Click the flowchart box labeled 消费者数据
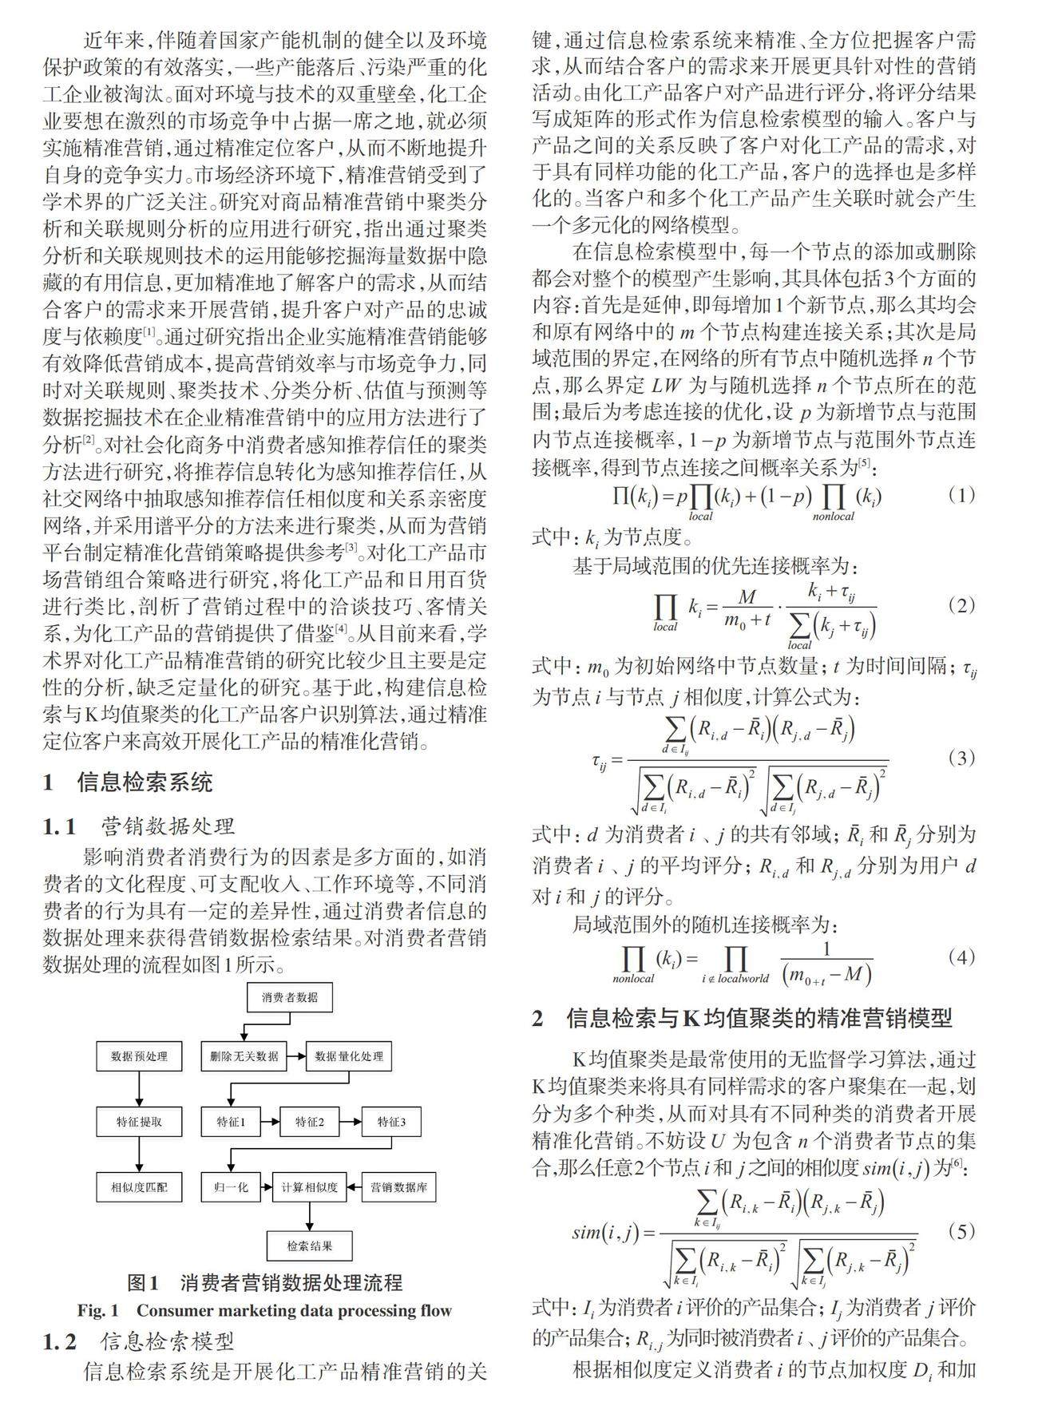point(288,997)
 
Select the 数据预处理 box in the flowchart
point(139,1056)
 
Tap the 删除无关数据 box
point(244,1056)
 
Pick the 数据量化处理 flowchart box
point(349,1056)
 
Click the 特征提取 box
point(139,1122)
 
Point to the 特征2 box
point(310,1122)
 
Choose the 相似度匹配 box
point(139,1187)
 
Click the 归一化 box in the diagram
point(232,1187)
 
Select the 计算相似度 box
point(310,1187)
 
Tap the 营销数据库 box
point(399,1187)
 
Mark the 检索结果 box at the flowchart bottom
point(310,1246)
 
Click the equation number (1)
point(961,495)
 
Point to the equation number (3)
point(961,758)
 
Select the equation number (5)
point(961,1231)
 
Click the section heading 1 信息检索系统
point(128,782)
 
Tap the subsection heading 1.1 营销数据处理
point(139,826)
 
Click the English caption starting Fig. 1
point(264,1310)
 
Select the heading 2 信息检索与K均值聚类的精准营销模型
point(743,1019)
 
